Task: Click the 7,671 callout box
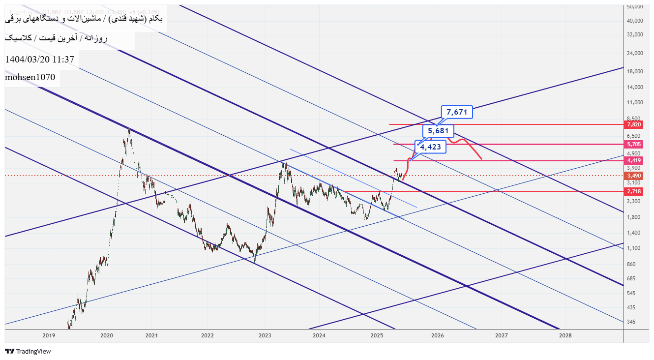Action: point(457,112)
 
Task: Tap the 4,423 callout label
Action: point(431,147)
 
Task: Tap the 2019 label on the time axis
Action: point(49,335)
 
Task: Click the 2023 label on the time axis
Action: point(265,335)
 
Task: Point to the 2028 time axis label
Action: point(565,335)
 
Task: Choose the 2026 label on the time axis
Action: point(438,335)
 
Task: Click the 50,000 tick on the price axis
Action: point(635,7)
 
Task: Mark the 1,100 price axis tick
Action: point(634,248)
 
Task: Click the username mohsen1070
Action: point(30,77)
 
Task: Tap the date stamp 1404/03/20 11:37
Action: point(39,60)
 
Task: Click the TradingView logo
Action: point(28,351)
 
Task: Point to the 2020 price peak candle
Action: point(129,131)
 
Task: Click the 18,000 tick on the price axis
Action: point(635,71)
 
